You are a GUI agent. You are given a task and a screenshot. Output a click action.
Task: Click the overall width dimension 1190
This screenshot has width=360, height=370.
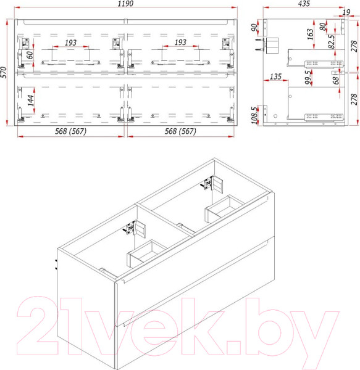pos(126,4)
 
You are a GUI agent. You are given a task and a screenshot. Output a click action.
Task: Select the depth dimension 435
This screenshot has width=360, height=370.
pos(303,4)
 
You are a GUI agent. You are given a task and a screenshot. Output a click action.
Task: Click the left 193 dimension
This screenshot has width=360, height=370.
pos(70,42)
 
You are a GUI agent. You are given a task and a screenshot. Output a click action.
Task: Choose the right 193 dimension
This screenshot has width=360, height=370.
pos(180,42)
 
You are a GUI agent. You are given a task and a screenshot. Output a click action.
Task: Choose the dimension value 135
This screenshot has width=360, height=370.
pos(275,77)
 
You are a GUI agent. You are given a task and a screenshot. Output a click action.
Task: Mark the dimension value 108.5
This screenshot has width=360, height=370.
pos(254,114)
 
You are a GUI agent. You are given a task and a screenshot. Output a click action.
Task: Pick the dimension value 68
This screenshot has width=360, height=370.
pos(335,79)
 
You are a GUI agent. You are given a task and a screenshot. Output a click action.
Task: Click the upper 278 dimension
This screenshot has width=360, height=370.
pos(354,46)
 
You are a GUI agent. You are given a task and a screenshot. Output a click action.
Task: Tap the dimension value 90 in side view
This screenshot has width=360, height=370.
pos(254,28)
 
